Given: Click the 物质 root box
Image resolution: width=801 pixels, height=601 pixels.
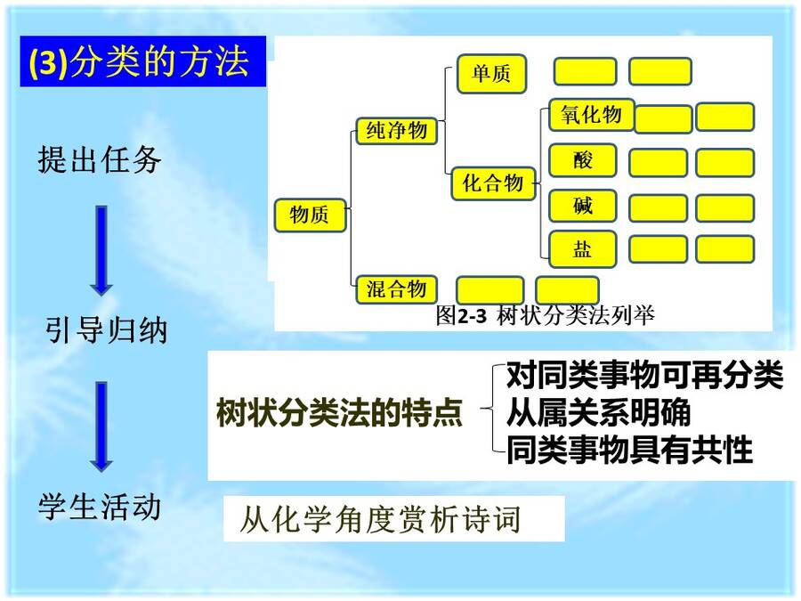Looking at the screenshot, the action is click(310, 215).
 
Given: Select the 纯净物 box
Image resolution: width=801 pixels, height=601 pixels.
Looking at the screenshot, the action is click(396, 131).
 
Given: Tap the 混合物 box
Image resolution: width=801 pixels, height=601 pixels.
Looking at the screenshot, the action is click(396, 289).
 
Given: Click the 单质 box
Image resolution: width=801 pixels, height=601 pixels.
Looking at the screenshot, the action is click(491, 74).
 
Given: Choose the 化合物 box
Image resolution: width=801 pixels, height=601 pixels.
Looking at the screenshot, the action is click(493, 183).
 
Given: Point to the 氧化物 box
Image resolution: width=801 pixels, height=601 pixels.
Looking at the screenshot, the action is click(591, 115).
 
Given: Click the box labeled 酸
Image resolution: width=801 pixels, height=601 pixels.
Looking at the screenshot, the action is click(582, 160).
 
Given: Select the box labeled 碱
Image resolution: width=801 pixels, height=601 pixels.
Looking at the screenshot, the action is click(582, 206).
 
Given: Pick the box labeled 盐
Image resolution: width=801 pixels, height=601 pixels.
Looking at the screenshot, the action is click(582, 249).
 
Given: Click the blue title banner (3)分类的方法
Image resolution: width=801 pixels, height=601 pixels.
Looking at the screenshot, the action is click(143, 61).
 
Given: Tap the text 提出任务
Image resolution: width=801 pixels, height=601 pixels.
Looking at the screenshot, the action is click(99, 159).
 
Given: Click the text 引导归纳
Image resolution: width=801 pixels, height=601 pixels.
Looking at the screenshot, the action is click(106, 330).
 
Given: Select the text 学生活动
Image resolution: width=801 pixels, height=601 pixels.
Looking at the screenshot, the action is click(100, 507).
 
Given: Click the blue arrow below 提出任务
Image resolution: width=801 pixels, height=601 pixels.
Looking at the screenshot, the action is click(101, 250).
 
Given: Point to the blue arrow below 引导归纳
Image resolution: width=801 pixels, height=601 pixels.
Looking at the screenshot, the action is click(101, 426).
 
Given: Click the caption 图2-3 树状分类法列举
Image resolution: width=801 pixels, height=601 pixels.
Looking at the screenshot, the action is click(545, 315).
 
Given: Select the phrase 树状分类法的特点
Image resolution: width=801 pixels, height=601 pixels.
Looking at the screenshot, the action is click(339, 412).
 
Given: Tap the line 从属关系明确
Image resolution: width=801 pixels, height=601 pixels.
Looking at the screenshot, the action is click(598, 412).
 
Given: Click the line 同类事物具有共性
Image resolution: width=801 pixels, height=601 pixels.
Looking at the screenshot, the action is click(629, 450).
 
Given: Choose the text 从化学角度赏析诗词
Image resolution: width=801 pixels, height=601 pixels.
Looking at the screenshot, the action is click(381, 519).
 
